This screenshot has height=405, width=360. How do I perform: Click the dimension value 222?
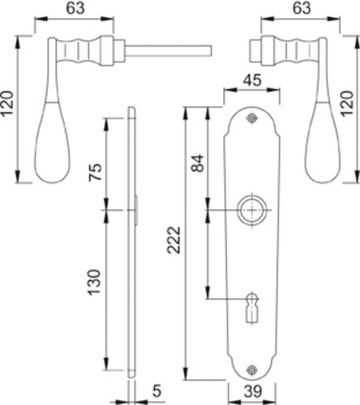[174, 240]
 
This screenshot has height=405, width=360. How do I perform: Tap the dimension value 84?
[197, 163]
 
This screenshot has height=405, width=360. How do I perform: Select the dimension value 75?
[96, 172]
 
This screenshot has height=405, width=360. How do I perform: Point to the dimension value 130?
[95, 282]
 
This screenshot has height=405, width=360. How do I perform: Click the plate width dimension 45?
[252, 80]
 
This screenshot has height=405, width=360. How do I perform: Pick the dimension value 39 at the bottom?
[253, 391]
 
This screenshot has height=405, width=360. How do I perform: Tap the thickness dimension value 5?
[156, 391]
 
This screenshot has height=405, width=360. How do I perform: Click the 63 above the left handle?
[75, 8]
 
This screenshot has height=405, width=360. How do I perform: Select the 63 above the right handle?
[302, 8]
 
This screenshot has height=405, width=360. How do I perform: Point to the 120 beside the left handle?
[6, 104]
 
